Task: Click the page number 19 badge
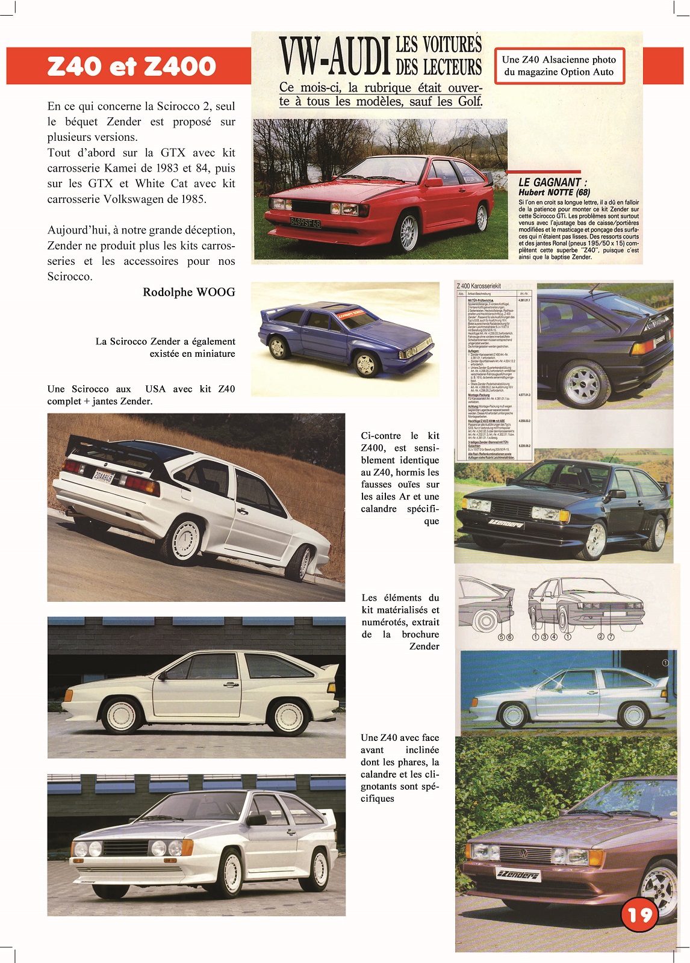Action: tap(639, 914)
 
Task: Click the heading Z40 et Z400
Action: tap(131, 66)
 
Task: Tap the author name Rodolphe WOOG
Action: tap(188, 292)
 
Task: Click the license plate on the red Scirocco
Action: tap(306, 223)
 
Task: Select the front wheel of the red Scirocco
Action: tap(408, 233)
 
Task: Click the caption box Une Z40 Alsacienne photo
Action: tap(559, 66)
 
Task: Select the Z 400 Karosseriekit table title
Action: tap(479, 286)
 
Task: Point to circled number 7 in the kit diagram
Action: tap(611, 636)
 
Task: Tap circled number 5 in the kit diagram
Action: tap(501, 637)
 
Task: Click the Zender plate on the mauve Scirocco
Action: tap(519, 875)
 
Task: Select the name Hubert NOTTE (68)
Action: tap(554, 193)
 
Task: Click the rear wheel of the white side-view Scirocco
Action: tap(288, 716)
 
